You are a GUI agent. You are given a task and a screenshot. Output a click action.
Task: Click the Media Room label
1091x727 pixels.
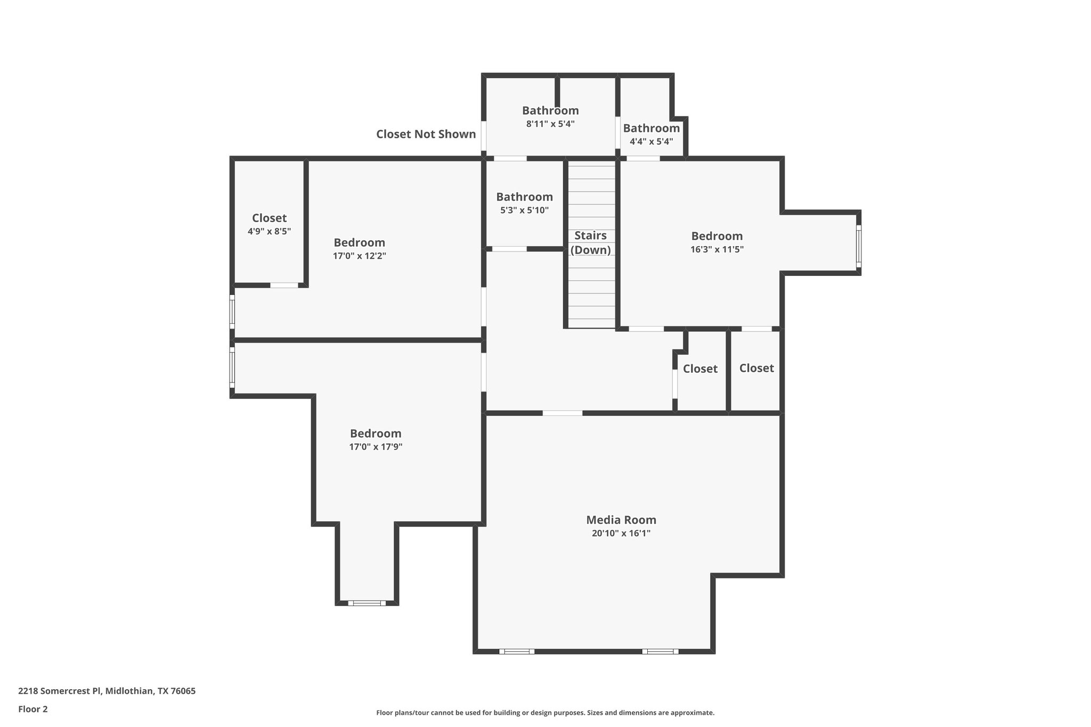point(621,520)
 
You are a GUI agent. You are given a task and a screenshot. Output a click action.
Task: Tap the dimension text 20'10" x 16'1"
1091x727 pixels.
point(621,533)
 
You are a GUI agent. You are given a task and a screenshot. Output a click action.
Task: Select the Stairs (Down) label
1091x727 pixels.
point(590,243)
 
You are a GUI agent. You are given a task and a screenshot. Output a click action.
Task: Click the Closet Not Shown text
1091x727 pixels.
point(426,134)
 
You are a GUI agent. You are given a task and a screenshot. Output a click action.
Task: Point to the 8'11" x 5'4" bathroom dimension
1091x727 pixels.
point(550,124)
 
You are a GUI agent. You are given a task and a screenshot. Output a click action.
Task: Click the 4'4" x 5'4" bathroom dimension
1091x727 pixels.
point(651,142)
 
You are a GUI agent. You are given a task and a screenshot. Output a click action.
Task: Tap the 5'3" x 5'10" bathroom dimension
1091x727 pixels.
point(524,210)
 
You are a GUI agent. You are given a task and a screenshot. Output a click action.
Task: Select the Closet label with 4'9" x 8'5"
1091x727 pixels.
point(269,218)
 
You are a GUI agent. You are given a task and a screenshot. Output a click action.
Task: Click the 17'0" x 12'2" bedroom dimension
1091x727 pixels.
point(360,256)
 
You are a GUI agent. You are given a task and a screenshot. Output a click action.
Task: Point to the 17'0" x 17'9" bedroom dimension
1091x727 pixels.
point(376,447)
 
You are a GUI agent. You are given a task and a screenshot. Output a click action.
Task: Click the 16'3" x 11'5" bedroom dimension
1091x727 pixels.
point(717,249)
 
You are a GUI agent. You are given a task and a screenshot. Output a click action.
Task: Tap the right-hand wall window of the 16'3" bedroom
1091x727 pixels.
point(858,246)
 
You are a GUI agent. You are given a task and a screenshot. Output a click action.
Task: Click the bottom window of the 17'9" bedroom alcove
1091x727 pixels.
point(367,603)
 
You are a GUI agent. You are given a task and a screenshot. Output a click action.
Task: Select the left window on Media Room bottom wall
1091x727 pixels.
point(517,651)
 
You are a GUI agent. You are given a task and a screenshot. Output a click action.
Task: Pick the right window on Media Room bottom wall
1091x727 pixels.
point(660,651)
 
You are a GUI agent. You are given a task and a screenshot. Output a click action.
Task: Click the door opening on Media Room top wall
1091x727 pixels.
point(563,413)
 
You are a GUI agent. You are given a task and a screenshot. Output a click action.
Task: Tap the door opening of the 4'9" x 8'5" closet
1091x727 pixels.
point(284,285)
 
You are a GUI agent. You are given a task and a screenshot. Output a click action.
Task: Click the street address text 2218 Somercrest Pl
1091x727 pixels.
point(107,691)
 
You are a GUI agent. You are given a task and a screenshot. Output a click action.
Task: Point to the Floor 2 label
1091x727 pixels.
point(33,709)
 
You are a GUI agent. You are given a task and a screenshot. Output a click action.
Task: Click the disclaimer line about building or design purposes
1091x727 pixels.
point(545,713)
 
